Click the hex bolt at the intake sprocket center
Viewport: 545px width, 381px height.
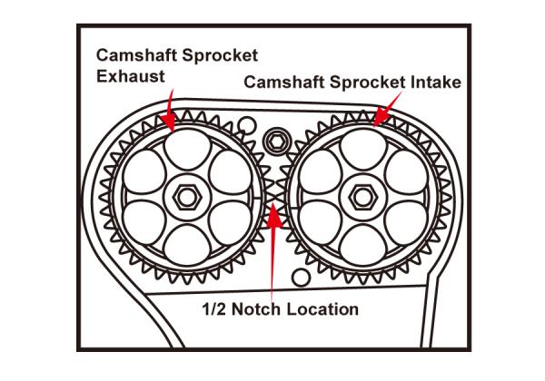[x=361, y=194]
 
